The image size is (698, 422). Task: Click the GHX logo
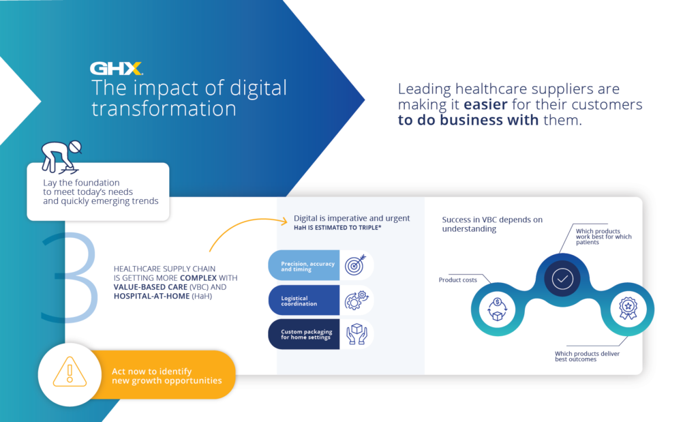(x=116, y=68)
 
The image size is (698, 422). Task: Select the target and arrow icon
(x=356, y=265)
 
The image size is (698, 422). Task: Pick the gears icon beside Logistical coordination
(x=356, y=300)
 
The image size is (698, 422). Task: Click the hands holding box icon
(x=356, y=334)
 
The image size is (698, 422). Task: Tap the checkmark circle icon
(x=562, y=279)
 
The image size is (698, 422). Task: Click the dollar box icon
(x=495, y=309)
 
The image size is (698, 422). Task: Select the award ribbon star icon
(x=628, y=309)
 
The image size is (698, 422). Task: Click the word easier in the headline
(x=488, y=105)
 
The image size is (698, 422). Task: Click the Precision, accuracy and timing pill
(x=304, y=266)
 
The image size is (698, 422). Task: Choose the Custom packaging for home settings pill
(x=304, y=334)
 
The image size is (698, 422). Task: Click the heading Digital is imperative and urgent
(x=352, y=218)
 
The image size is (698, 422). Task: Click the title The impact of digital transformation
(x=189, y=98)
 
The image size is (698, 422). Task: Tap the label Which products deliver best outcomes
(x=587, y=356)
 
